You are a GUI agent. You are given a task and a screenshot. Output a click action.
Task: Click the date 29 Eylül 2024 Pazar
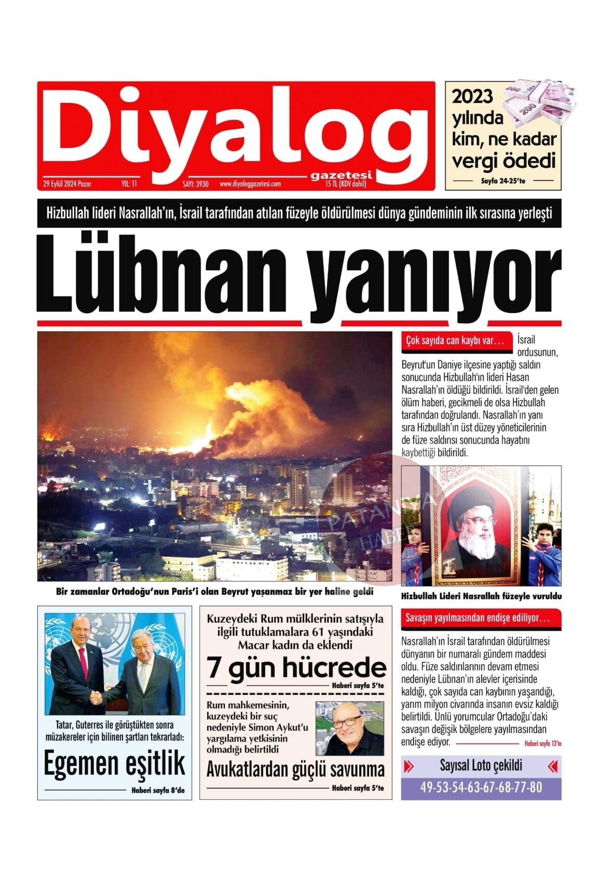pos(67,184)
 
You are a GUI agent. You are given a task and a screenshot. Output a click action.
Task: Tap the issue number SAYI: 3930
pos(195,184)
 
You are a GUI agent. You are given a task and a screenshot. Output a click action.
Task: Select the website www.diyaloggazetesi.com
pos(250,184)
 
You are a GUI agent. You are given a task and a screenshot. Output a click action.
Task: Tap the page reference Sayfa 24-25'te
pos(503,181)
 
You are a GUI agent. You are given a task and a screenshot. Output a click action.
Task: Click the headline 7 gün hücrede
pos(296,668)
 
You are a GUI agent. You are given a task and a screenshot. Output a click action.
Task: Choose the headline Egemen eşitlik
pos(114,764)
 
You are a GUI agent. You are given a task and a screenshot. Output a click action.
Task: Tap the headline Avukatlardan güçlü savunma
pos(295,769)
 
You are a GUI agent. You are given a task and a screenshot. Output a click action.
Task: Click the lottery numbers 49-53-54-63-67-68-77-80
pos(481,787)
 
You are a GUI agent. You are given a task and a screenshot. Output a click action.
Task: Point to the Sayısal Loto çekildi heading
pos(481,766)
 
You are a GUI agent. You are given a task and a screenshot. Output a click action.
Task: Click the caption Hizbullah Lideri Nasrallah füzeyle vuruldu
pos(481,597)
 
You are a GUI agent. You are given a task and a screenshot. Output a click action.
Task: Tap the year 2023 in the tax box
pos(472,97)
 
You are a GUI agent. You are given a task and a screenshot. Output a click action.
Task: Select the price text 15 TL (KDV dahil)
pos(346,184)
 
